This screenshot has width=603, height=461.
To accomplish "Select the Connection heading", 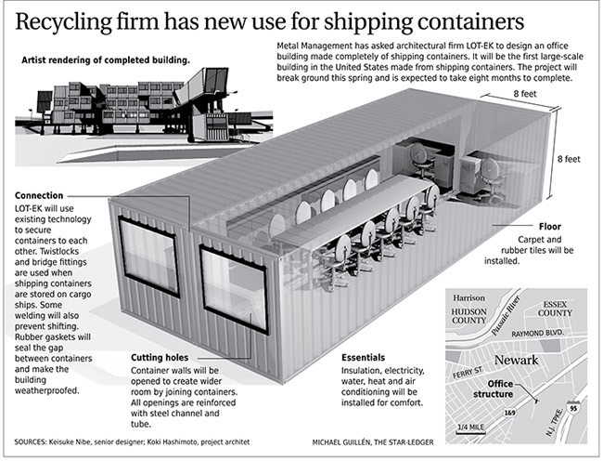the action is pos(39,196).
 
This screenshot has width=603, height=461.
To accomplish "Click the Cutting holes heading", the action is pos(159,357).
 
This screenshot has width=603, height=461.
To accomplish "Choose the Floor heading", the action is pos(548,226).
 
